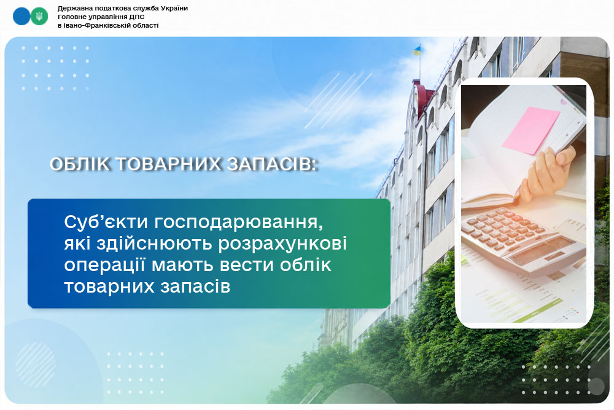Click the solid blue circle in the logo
point(21,17)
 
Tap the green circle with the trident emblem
point(39,17)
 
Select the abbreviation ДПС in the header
point(137,17)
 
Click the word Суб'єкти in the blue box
point(106,222)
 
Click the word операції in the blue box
point(104,266)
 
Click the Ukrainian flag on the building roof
point(416,50)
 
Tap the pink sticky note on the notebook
point(531,130)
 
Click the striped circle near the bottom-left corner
point(36,365)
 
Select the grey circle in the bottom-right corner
point(596,387)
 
